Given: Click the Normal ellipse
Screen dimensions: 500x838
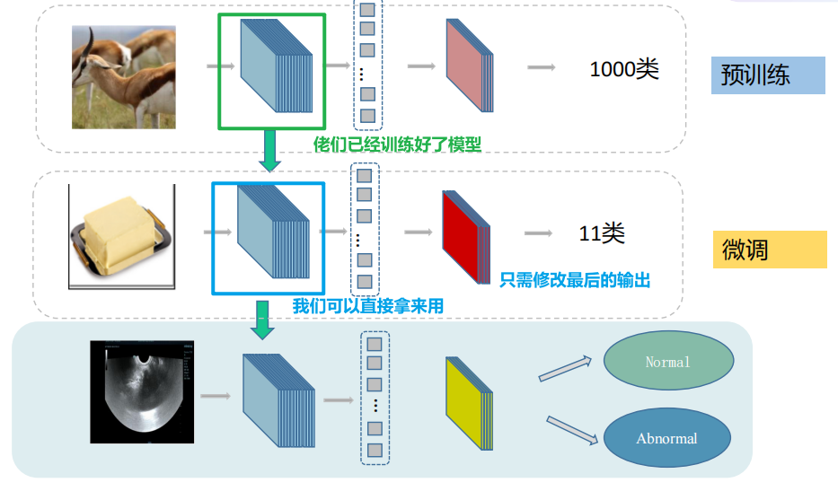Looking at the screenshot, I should (x=667, y=362).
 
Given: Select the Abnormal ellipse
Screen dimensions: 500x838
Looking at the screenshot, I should (x=666, y=438).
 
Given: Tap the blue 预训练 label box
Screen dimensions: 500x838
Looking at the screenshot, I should (x=768, y=75).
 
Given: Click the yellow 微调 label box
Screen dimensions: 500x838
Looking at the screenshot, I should (x=769, y=249).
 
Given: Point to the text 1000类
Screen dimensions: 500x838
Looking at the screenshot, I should (x=624, y=69).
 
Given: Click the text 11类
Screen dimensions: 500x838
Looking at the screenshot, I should (x=601, y=234).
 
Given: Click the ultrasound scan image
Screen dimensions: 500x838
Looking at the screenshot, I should (x=142, y=391).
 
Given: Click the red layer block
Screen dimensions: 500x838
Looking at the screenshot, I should (x=464, y=236).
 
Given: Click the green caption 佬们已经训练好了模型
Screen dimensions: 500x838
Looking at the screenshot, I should (x=397, y=144).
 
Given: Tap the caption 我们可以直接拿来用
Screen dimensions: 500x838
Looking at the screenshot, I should (x=367, y=306).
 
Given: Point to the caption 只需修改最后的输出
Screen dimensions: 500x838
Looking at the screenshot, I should (x=575, y=279).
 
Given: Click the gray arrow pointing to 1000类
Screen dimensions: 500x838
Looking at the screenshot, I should (x=541, y=67).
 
